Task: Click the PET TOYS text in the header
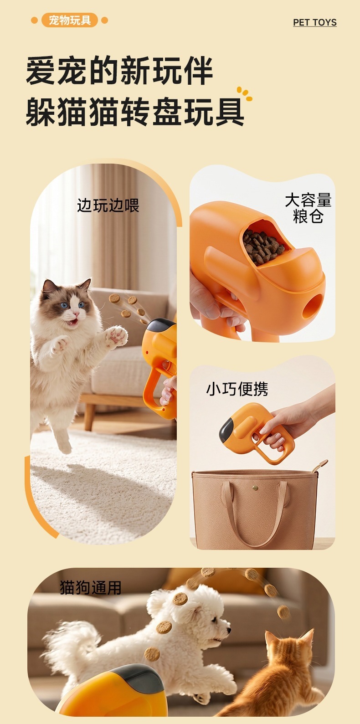click(x=315, y=22)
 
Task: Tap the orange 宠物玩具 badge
click(x=69, y=20)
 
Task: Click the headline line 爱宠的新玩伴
click(x=119, y=71)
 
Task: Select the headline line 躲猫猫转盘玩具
click(x=135, y=112)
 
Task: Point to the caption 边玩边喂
click(x=108, y=205)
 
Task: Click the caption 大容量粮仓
click(x=308, y=208)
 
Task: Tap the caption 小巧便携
click(x=237, y=389)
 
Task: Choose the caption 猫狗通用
click(x=91, y=587)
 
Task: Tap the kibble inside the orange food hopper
click(x=263, y=247)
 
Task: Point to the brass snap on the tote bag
click(x=255, y=488)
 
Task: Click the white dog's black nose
click(x=229, y=630)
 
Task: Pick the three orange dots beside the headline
click(x=244, y=94)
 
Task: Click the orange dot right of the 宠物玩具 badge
click(x=105, y=21)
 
